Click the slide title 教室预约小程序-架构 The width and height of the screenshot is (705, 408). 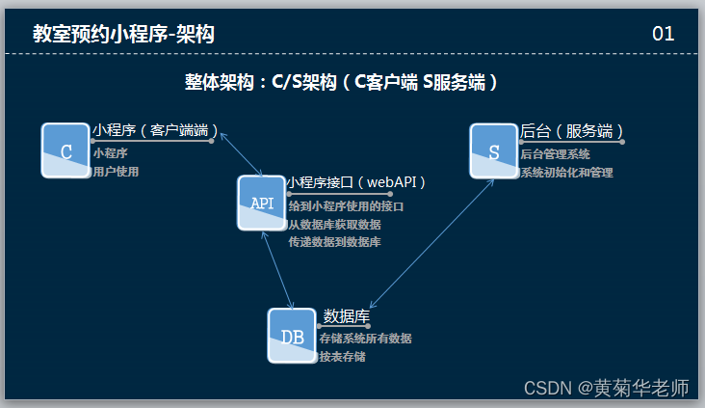123,35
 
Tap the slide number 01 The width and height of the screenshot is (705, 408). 663,34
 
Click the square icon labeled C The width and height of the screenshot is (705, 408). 65,150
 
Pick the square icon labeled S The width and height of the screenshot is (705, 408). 493,150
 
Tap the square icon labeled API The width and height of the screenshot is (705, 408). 262,203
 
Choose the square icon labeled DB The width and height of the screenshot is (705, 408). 292,336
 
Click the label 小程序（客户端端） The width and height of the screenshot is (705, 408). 155,130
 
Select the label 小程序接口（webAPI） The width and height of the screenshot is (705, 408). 356,181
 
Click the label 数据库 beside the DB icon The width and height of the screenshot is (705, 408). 347,315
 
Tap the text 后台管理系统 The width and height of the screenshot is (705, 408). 555,153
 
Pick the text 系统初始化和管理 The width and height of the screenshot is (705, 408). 566,173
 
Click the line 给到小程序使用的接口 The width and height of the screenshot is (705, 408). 346,206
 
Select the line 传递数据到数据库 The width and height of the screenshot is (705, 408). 334,242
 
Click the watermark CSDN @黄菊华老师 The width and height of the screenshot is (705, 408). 606,388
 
